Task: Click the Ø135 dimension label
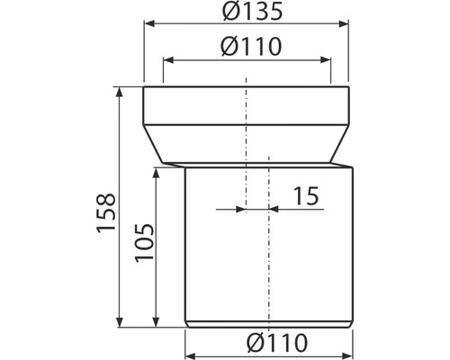(252, 12)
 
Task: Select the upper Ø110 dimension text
(251, 47)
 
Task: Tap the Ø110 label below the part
(277, 343)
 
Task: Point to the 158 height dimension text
(106, 213)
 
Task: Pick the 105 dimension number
(144, 243)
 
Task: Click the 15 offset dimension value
(305, 196)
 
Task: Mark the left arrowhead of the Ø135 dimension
(149, 24)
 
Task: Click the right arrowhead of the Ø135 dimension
(344, 24)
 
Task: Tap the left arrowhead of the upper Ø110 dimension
(168, 60)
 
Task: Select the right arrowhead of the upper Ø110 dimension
(326, 60)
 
